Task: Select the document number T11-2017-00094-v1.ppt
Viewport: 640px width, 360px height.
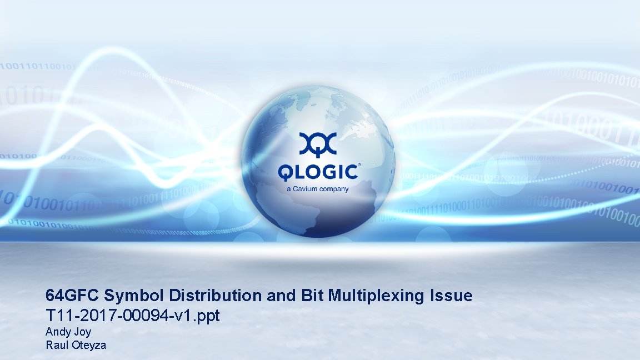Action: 133,316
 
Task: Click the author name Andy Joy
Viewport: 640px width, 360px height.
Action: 68,333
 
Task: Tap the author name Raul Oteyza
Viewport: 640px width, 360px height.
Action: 76,345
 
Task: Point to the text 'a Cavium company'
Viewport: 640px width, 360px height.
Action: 318,189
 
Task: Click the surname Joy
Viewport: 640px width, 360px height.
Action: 82,333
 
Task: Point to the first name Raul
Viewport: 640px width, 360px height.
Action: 55,345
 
